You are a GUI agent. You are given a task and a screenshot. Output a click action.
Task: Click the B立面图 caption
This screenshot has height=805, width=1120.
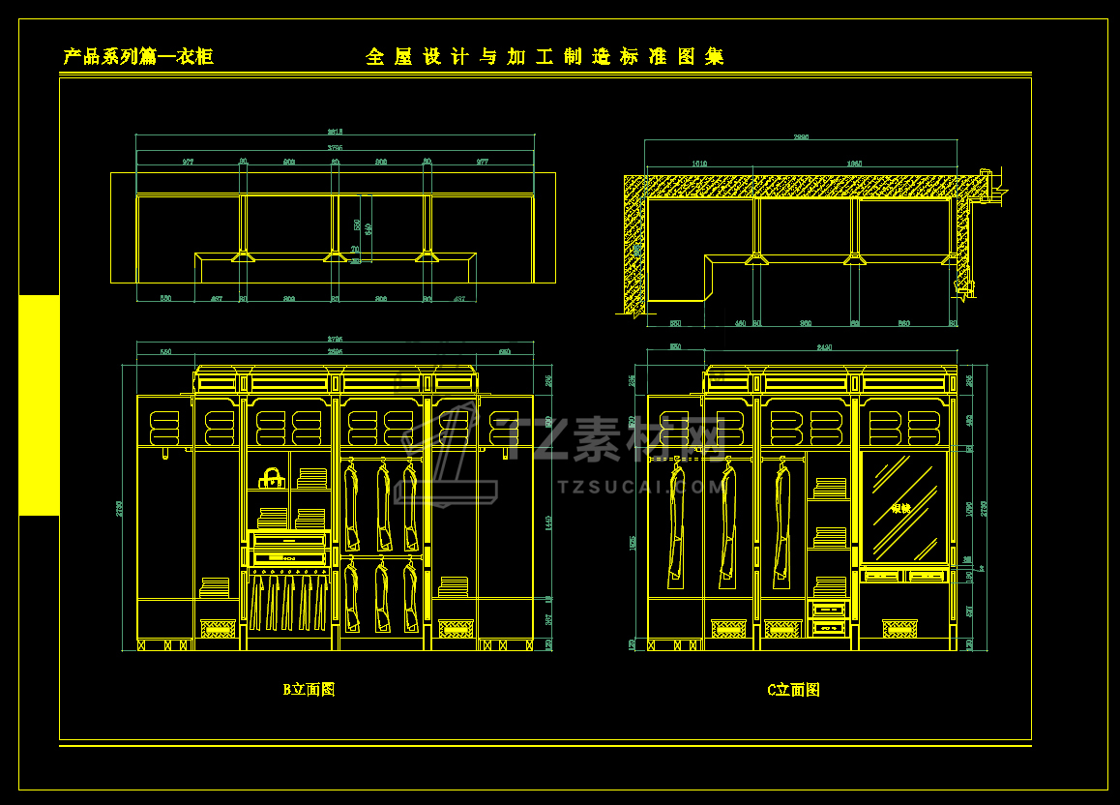pos(309,690)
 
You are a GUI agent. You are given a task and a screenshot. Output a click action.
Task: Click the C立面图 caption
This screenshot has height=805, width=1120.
pos(793,690)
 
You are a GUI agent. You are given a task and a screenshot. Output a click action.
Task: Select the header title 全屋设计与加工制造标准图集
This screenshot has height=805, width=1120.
pos(545,57)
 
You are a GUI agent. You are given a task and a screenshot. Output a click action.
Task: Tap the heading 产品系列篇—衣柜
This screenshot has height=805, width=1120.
pos(138,57)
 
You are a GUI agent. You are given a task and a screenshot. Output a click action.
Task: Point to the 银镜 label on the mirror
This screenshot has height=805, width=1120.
pos(900,508)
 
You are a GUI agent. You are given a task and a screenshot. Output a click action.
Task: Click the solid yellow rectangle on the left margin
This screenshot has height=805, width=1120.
pos(39,405)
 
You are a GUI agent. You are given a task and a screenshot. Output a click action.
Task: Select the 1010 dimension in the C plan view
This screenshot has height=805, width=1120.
pos(699,164)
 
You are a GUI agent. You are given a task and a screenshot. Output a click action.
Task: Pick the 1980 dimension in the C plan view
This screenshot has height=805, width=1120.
pos(854,164)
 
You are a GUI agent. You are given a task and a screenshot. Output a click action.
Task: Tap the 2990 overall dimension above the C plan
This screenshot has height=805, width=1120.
pos(801,137)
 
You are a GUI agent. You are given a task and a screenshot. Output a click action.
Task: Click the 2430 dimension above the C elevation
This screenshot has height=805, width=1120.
pos(824,346)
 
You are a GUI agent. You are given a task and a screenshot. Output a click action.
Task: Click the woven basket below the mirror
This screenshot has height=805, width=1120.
pos(899,629)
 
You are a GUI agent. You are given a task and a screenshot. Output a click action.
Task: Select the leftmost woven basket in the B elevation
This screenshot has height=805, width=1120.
pos(218,629)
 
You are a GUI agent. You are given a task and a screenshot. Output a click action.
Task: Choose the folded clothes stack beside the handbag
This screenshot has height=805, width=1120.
pos(311,478)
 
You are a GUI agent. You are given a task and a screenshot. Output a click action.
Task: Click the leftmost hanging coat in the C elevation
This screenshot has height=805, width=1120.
pos(674,522)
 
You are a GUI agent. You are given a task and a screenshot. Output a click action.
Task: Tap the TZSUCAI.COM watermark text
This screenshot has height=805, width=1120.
pos(639,488)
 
